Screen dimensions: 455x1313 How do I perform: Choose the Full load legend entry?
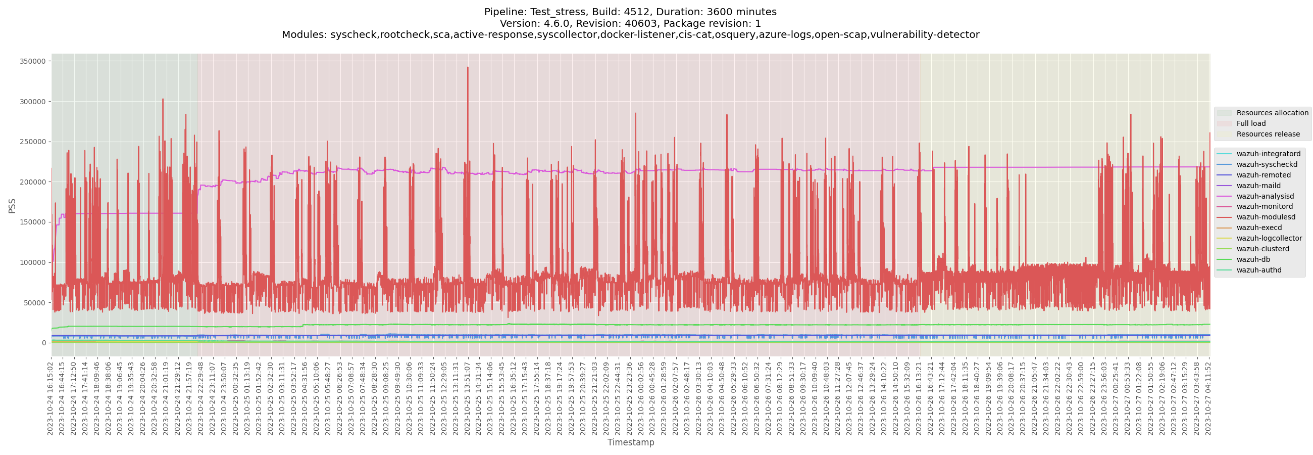[1250, 123]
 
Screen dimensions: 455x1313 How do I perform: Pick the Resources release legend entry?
[1268, 134]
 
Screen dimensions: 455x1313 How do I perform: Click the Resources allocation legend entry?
[1272, 113]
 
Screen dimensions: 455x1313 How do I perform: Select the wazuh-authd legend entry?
[1258, 270]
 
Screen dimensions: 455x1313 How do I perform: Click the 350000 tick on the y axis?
[33, 61]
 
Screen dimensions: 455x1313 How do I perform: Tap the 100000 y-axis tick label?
[33, 263]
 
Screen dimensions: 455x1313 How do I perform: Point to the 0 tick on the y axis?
[43, 343]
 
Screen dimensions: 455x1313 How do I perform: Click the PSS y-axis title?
[12, 206]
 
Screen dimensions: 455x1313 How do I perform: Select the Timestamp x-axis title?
[631, 442]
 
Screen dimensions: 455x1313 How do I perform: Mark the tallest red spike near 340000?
[468, 68]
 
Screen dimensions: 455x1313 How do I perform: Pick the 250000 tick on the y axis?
[33, 142]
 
